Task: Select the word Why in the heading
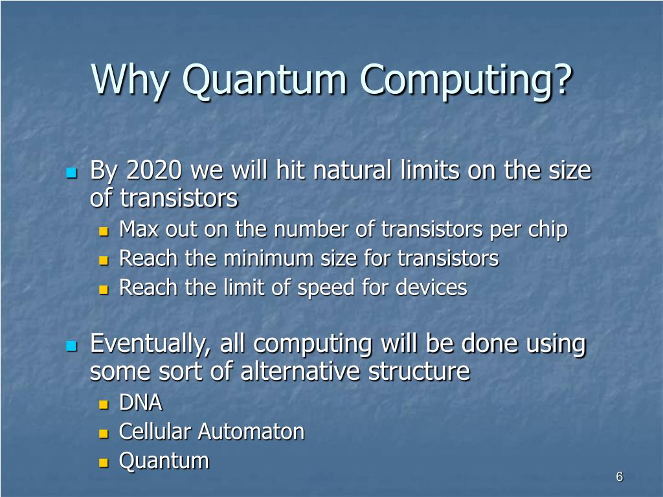pyautogui.click(x=132, y=81)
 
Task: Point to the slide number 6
pyautogui.click(x=619, y=477)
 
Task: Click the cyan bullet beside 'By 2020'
pyautogui.click(x=71, y=173)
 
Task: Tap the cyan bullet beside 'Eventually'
pyautogui.click(x=71, y=346)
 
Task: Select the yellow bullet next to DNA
pyautogui.click(x=104, y=405)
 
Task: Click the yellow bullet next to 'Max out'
pyautogui.click(x=104, y=231)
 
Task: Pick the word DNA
pyautogui.click(x=140, y=403)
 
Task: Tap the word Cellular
pyautogui.click(x=155, y=432)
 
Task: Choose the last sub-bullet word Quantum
pyautogui.click(x=164, y=461)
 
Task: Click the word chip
pyautogui.click(x=549, y=230)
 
